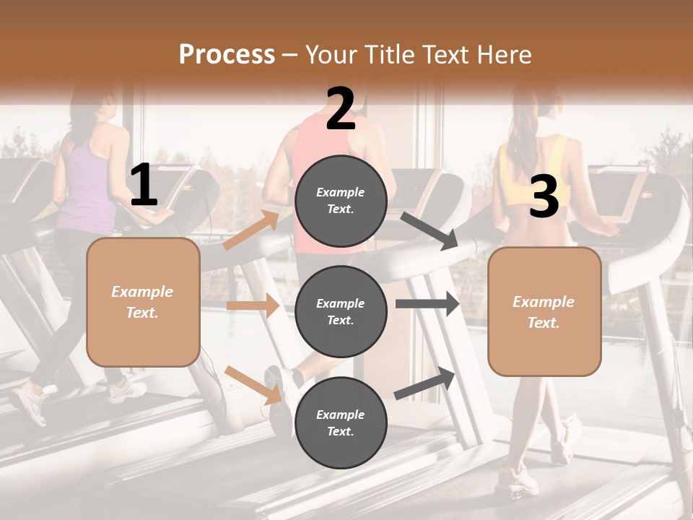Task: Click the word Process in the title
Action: pyautogui.click(x=227, y=54)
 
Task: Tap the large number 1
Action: pyautogui.click(x=144, y=186)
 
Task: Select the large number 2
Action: pyautogui.click(x=341, y=109)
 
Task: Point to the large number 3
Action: pyautogui.click(x=544, y=197)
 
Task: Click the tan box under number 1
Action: pyautogui.click(x=143, y=302)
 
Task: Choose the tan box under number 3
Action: pyautogui.click(x=544, y=311)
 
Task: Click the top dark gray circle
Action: pyautogui.click(x=341, y=201)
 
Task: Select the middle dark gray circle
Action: pyautogui.click(x=341, y=311)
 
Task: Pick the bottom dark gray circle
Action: pyautogui.click(x=341, y=422)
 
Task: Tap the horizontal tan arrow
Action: pyautogui.click(x=253, y=305)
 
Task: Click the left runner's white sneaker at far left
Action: pyautogui.click(x=29, y=404)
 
